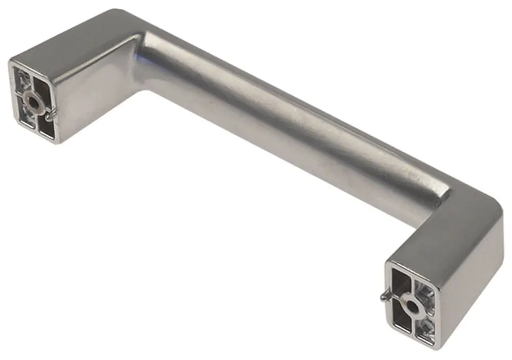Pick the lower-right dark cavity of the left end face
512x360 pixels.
click(45, 128)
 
